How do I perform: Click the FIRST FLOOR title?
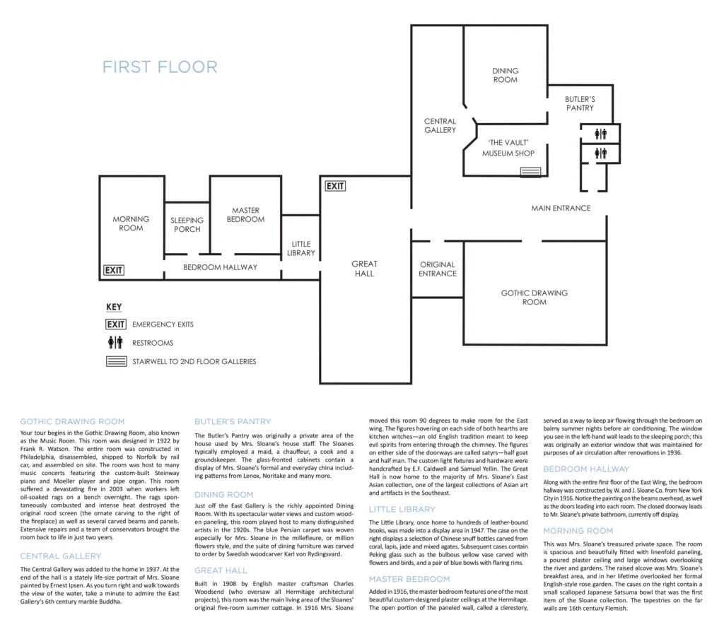160,67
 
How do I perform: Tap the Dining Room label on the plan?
505,75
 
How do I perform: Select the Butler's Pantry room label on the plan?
580,103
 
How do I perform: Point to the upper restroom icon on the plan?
600,134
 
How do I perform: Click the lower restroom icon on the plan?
600,153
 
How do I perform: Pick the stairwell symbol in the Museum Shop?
530,172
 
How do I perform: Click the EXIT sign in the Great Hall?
335,186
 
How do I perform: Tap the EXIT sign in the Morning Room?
114,270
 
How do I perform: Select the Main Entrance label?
561,209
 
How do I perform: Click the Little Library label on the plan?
301,248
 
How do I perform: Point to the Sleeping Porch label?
187,225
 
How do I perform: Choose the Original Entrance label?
437,269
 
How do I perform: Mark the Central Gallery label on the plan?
440,126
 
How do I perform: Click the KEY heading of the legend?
114,307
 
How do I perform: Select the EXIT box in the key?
116,324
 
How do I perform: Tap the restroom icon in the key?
115,343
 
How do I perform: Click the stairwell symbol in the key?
117,361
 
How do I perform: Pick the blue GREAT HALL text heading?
221,570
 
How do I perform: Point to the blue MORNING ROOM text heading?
578,531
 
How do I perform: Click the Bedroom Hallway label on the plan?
221,267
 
